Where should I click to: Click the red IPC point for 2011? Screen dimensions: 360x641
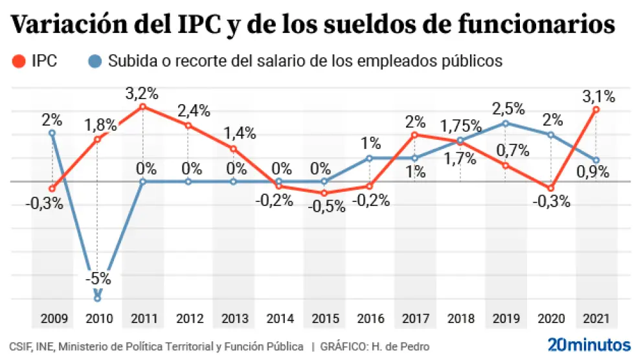pos(142,106)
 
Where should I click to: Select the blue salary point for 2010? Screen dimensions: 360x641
pos(97,298)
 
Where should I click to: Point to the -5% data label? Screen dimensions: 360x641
pos(97,280)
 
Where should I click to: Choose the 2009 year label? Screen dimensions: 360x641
pos(52,319)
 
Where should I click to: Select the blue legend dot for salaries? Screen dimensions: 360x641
pos(95,62)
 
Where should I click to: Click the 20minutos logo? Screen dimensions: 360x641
pos(589,343)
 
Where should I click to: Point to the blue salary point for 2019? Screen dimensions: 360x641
pos(505,123)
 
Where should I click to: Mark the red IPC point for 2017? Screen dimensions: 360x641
pos(414,135)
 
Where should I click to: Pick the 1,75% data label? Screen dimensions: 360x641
pos(460,126)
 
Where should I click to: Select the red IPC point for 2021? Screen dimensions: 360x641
pos(596,109)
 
